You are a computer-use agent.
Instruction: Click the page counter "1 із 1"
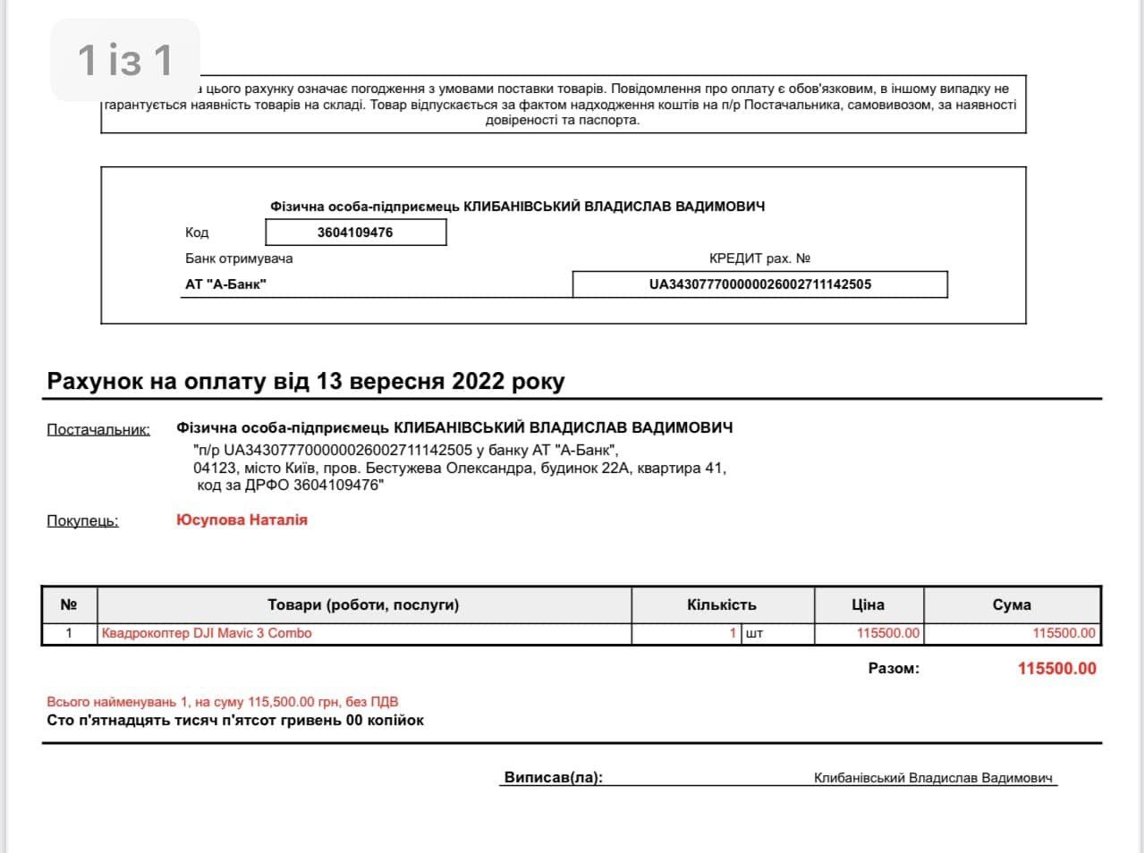coord(125,60)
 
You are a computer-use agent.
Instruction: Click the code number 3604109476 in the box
coord(355,232)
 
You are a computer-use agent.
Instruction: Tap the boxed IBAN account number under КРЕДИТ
coord(759,284)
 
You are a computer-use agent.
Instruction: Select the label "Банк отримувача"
coord(239,258)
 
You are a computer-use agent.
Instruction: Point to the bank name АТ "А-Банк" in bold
coord(225,284)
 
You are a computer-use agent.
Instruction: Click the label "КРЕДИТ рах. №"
coord(759,258)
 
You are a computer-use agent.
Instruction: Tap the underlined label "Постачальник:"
coord(98,429)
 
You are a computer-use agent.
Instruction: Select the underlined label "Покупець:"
coord(82,520)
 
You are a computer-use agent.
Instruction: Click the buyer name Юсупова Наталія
coord(242,519)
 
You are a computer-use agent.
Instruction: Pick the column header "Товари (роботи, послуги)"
coord(363,604)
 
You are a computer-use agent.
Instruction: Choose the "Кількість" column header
coord(722,604)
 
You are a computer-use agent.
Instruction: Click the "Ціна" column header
coord(868,604)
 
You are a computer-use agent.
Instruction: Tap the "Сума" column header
coord(1012,604)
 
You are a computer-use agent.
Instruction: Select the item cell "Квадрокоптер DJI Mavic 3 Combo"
coord(207,633)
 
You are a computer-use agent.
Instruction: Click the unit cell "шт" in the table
coord(754,633)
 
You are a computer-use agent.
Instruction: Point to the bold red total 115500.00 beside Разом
coord(1056,669)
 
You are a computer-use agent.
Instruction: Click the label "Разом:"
coord(894,668)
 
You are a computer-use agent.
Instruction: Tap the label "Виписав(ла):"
coord(554,777)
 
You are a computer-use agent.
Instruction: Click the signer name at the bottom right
coord(933,778)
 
